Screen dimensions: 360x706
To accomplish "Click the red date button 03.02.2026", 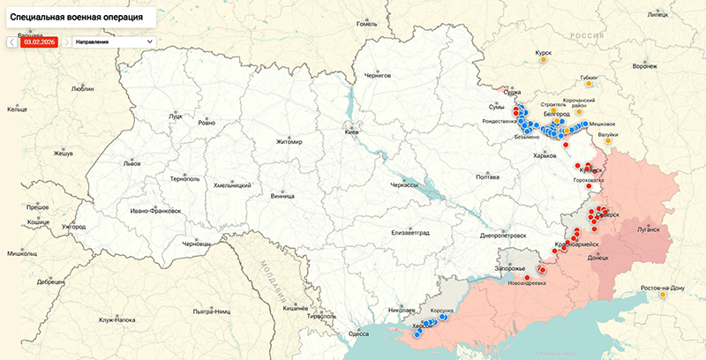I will [40, 41].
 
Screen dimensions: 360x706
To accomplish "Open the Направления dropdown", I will [113, 41].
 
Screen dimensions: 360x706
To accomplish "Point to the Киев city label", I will [351, 131].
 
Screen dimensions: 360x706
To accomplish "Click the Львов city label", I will [131, 164].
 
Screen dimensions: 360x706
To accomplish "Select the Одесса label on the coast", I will [358, 334].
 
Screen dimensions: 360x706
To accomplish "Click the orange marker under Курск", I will [545, 62].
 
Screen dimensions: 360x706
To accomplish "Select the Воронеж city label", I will [645, 66].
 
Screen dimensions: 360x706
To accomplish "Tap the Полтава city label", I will [487, 177].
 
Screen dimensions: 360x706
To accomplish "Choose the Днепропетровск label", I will [503, 236].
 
